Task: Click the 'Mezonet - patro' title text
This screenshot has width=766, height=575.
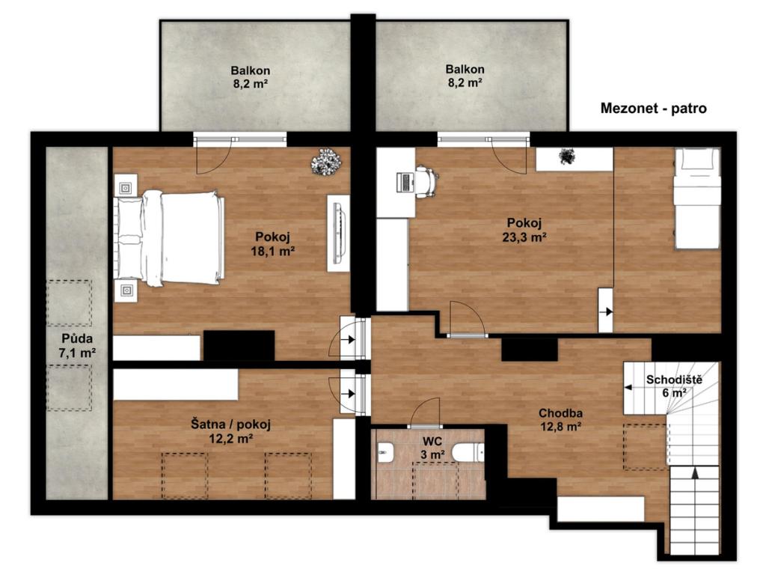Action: pos(653,108)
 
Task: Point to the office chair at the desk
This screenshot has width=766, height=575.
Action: pos(426,181)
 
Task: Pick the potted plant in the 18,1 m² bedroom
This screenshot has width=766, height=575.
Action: pos(326,162)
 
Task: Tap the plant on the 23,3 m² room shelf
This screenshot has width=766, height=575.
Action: pos(567,156)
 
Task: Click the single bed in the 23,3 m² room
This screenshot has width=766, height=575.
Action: pos(696,199)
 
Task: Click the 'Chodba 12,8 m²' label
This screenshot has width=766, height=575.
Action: pos(560,419)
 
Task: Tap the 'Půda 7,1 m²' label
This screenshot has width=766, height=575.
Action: pos(77,346)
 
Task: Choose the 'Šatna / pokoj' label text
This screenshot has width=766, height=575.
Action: pos(230,424)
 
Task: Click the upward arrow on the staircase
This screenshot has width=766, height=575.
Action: pos(695,472)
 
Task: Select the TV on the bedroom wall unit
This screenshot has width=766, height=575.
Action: pos(338,233)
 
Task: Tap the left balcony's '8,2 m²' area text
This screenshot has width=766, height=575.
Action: pos(250,84)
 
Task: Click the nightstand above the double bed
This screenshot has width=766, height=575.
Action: pos(126,188)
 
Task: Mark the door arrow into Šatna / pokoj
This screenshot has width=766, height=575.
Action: pos(349,394)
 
